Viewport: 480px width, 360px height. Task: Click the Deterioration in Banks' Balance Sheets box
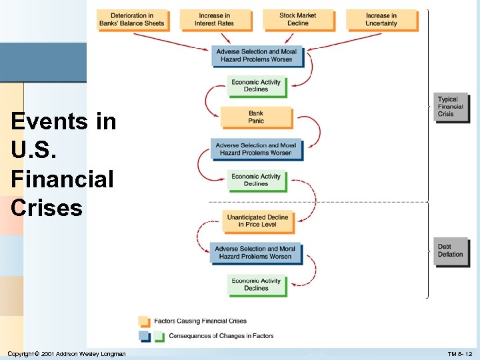[131, 19]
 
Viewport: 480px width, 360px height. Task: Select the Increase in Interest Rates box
[214, 19]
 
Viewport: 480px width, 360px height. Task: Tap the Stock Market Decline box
[297, 19]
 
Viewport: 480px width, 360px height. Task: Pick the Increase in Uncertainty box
[381, 19]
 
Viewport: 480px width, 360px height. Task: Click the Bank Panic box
[256, 117]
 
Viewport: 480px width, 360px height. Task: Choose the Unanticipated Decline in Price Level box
[257, 221]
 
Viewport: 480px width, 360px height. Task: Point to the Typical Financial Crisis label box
[451, 107]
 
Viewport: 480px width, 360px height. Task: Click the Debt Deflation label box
[451, 251]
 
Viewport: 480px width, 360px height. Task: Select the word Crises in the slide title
[47, 208]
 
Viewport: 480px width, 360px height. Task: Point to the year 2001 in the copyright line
[47, 353]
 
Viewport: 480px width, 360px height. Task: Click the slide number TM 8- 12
[460, 353]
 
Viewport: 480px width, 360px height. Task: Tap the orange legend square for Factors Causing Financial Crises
[144, 321]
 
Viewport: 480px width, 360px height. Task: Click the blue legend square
[144, 336]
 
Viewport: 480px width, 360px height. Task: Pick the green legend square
[159, 336]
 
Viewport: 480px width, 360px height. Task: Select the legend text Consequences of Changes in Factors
[221, 336]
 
